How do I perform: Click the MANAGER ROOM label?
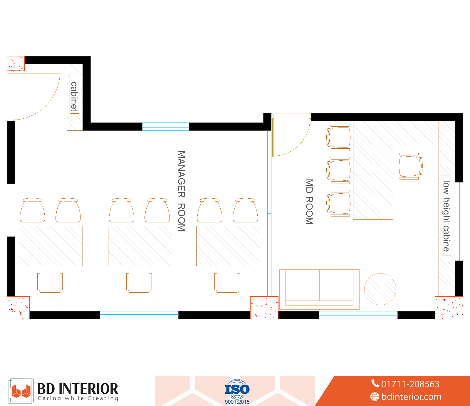(182, 191)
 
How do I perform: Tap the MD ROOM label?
(309, 202)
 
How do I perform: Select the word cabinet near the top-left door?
(74, 97)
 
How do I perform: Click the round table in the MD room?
(380, 289)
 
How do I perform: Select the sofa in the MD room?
(319, 289)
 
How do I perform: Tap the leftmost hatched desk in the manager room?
(51, 246)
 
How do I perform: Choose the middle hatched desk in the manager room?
(140, 246)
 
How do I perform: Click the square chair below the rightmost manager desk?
(227, 281)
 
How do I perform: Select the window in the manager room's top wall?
(166, 127)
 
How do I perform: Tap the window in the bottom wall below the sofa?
(358, 315)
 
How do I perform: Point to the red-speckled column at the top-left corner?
(16, 63)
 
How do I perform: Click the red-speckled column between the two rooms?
(264, 308)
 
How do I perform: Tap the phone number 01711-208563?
(410, 384)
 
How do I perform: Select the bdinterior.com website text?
(411, 397)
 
